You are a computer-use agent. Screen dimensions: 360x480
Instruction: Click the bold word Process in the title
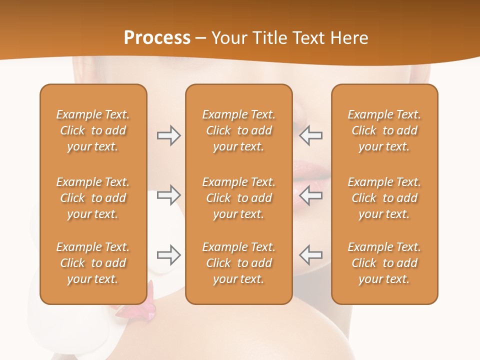click(157, 38)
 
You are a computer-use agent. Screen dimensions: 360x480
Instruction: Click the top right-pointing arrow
click(168, 135)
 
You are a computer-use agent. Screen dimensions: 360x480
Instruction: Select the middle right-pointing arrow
click(168, 195)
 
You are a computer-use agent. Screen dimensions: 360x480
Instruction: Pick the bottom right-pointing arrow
click(168, 255)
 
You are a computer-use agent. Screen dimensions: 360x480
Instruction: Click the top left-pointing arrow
click(310, 135)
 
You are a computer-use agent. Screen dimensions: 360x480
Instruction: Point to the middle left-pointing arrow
click(310, 195)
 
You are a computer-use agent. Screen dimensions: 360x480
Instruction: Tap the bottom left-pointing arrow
click(310, 255)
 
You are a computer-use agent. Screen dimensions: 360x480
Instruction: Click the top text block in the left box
click(93, 130)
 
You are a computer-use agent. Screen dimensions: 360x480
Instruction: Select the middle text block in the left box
click(93, 198)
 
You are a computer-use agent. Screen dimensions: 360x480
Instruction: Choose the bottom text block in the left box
click(93, 263)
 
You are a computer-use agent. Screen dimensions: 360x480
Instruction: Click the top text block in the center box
click(238, 130)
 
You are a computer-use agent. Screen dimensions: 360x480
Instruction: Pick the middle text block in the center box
click(238, 198)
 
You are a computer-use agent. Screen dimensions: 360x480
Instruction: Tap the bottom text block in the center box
click(238, 263)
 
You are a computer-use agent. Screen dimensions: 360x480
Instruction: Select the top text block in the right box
click(384, 130)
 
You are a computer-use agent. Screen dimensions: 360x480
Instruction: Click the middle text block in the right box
click(384, 198)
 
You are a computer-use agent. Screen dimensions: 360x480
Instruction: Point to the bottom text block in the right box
click(384, 263)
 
